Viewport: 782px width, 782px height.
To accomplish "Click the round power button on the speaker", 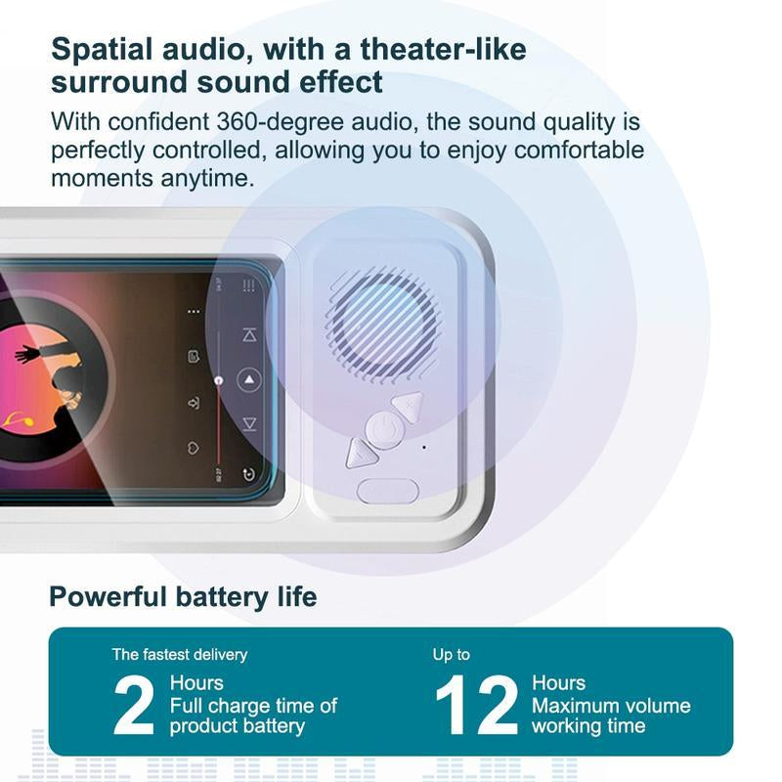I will (385, 428).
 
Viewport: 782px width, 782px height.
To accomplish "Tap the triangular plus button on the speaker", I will (408, 403).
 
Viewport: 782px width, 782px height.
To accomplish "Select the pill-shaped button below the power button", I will (388, 491).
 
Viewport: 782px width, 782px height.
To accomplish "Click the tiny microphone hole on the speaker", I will (424, 448).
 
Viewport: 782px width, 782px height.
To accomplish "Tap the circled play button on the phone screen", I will (250, 379).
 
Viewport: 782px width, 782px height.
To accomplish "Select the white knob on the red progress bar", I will (220, 378).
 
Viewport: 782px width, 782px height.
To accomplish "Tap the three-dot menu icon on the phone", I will (194, 312).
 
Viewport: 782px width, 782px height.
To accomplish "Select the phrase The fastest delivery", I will (180, 654).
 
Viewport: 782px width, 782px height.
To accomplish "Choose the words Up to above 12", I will (452, 654).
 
